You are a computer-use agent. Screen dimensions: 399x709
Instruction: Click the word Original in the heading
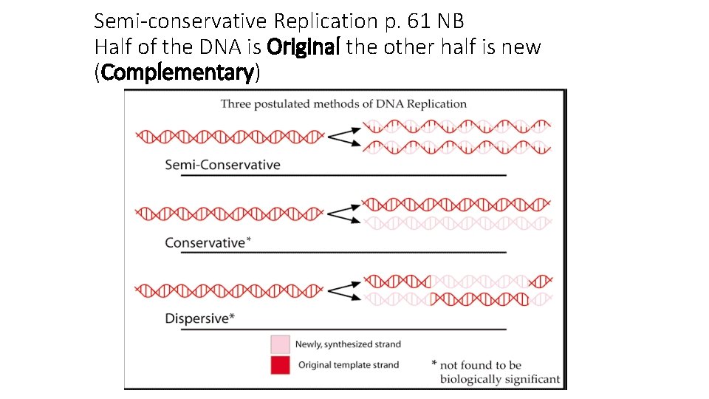pyautogui.click(x=304, y=47)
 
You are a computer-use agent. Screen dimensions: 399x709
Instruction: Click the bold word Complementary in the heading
pyautogui.click(x=178, y=72)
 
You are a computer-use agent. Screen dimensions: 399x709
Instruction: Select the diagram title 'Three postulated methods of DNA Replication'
pyautogui.click(x=343, y=103)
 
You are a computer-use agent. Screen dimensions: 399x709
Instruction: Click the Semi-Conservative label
pyautogui.click(x=222, y=164)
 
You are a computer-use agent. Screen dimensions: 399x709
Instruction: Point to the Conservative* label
pyautogui.click(x=208, y=242)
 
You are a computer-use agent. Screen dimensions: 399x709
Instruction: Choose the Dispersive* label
pyautogui.click(x=200, y=318)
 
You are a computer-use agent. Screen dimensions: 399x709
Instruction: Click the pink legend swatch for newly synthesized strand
pyautogui.click(x=280, y=344)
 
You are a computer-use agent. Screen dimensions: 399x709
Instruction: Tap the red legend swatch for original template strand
pyautogui.click(x=280, y=364)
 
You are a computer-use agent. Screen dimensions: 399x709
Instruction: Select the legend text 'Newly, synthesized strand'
pyautogui.click(x=348, y=344)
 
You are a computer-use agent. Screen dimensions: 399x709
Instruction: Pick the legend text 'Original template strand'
pyautogui.click(x=349, y=364)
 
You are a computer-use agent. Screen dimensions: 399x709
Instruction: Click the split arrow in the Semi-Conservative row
pyautogui.click(x=343, y=135)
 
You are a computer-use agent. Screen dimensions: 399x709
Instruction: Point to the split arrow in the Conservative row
pyautogui.click(x=343, y=213)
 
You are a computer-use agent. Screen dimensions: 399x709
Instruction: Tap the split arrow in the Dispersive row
pyautogui.click(x=343, y=289)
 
